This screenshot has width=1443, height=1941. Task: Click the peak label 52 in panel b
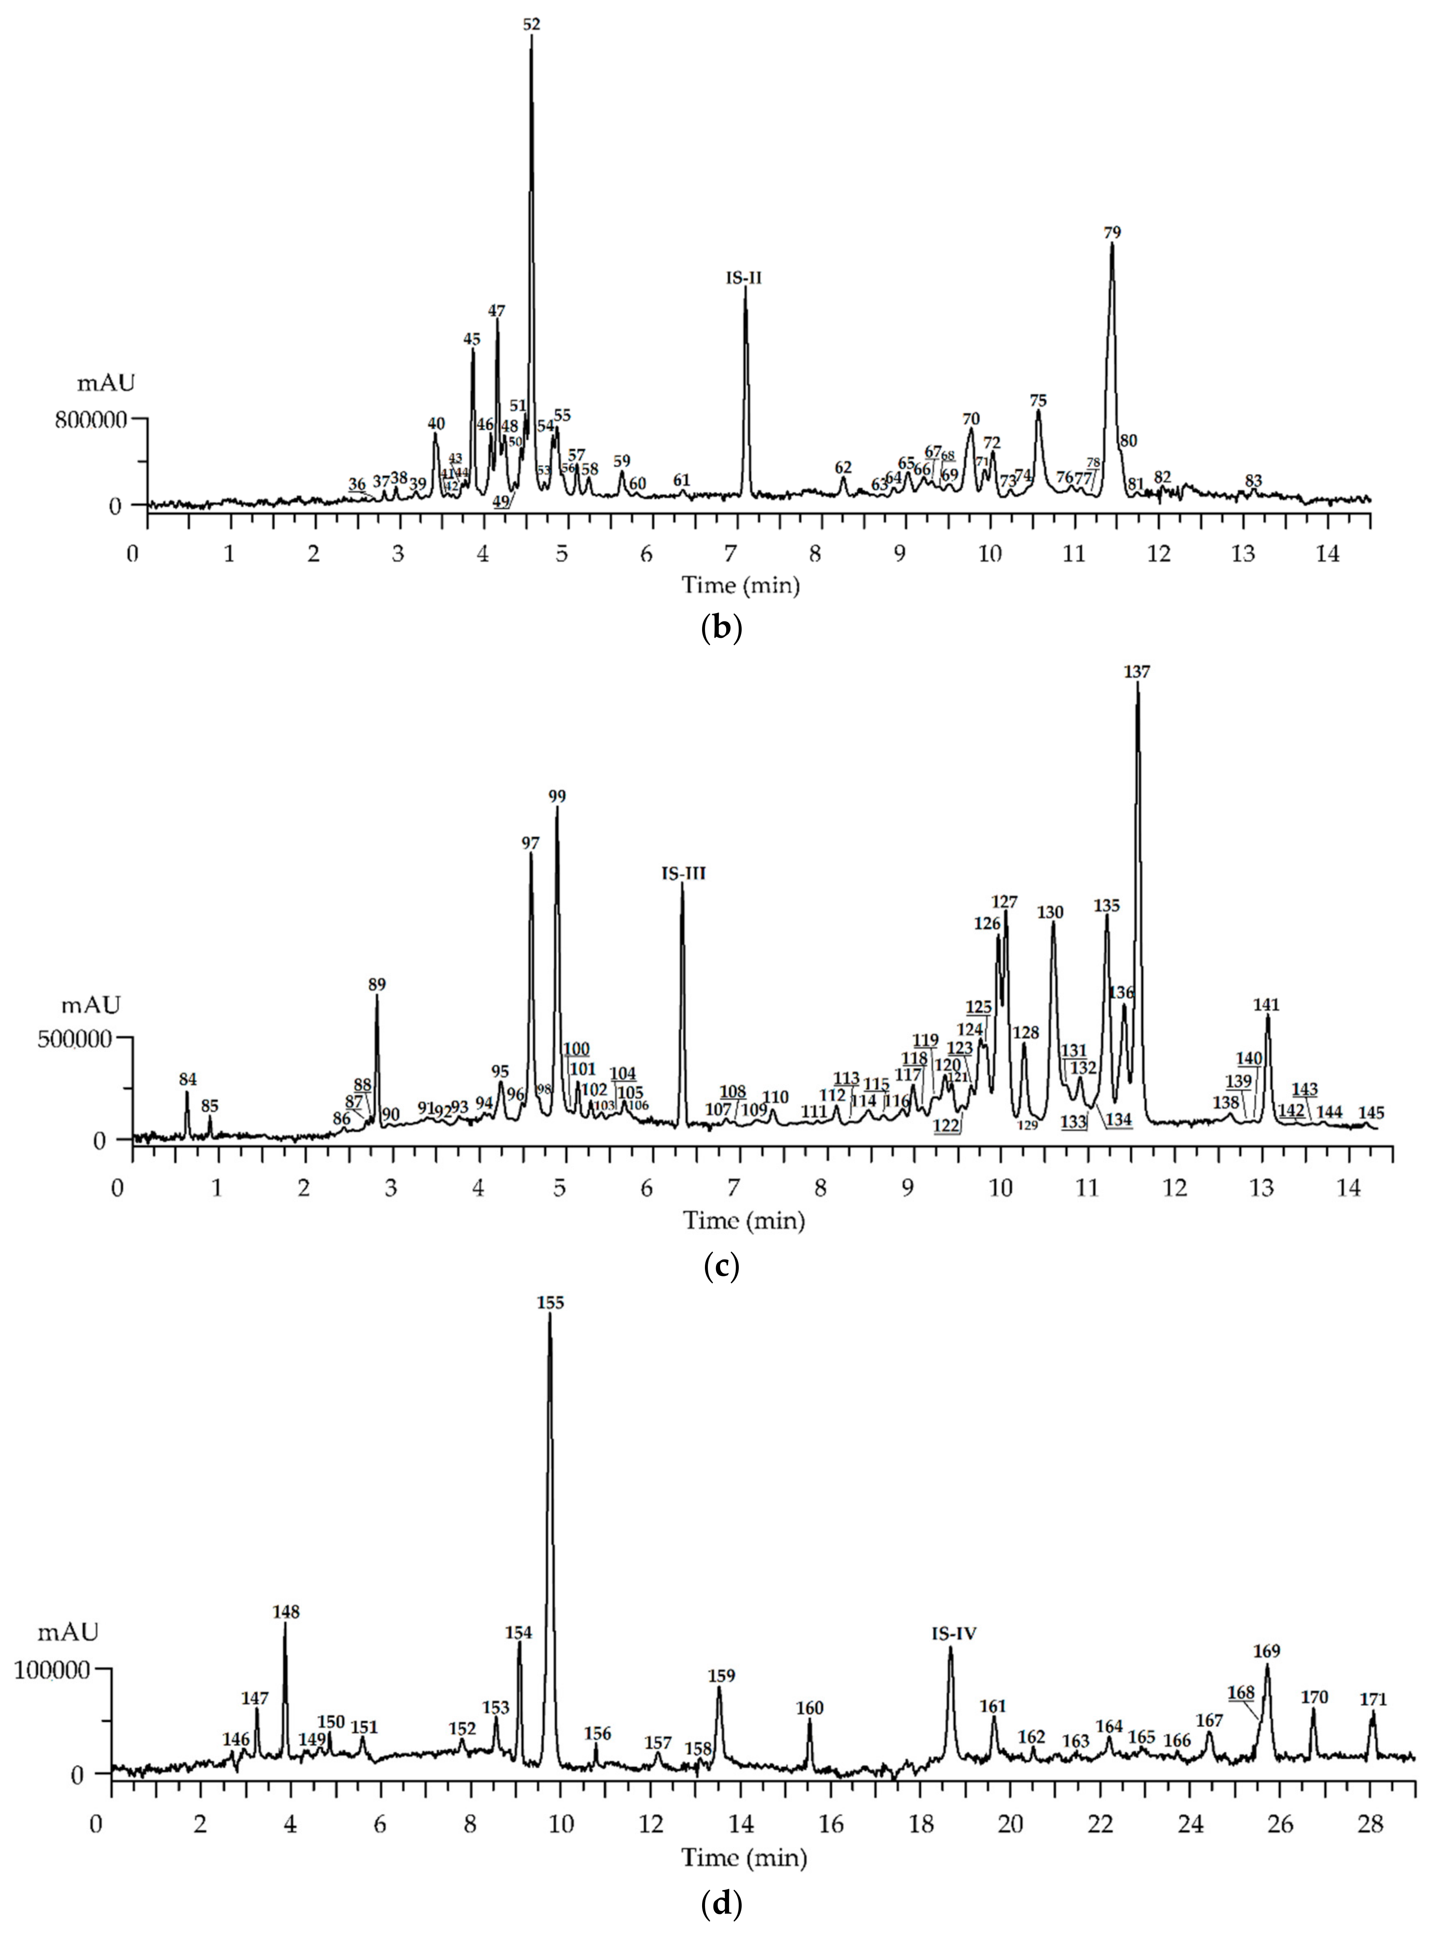531,24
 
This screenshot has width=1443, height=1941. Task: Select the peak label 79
1112,233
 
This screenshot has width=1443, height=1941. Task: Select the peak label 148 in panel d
285,1611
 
